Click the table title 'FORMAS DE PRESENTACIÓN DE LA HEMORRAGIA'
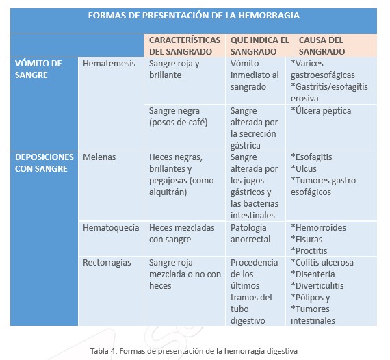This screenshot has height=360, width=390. click(x=194, y=15)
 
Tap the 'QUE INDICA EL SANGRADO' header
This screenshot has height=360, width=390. click(x=259, y=45)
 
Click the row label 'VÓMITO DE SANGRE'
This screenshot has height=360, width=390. click(x=38, y=69)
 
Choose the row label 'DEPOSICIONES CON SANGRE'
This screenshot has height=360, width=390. click(x=42, y=163)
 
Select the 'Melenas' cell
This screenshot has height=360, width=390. click(x=99, y=157)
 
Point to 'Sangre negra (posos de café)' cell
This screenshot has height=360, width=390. click(x=178, y=116)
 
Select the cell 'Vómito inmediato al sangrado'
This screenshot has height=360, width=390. click(x=255, y=75)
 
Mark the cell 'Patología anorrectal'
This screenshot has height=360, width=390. click(x=250, y=233)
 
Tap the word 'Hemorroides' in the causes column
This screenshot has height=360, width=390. click(x=321, y=228)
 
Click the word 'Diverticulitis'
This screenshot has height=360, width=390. click(x=320, y=286)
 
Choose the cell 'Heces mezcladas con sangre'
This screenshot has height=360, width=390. click(x=181, y=233)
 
